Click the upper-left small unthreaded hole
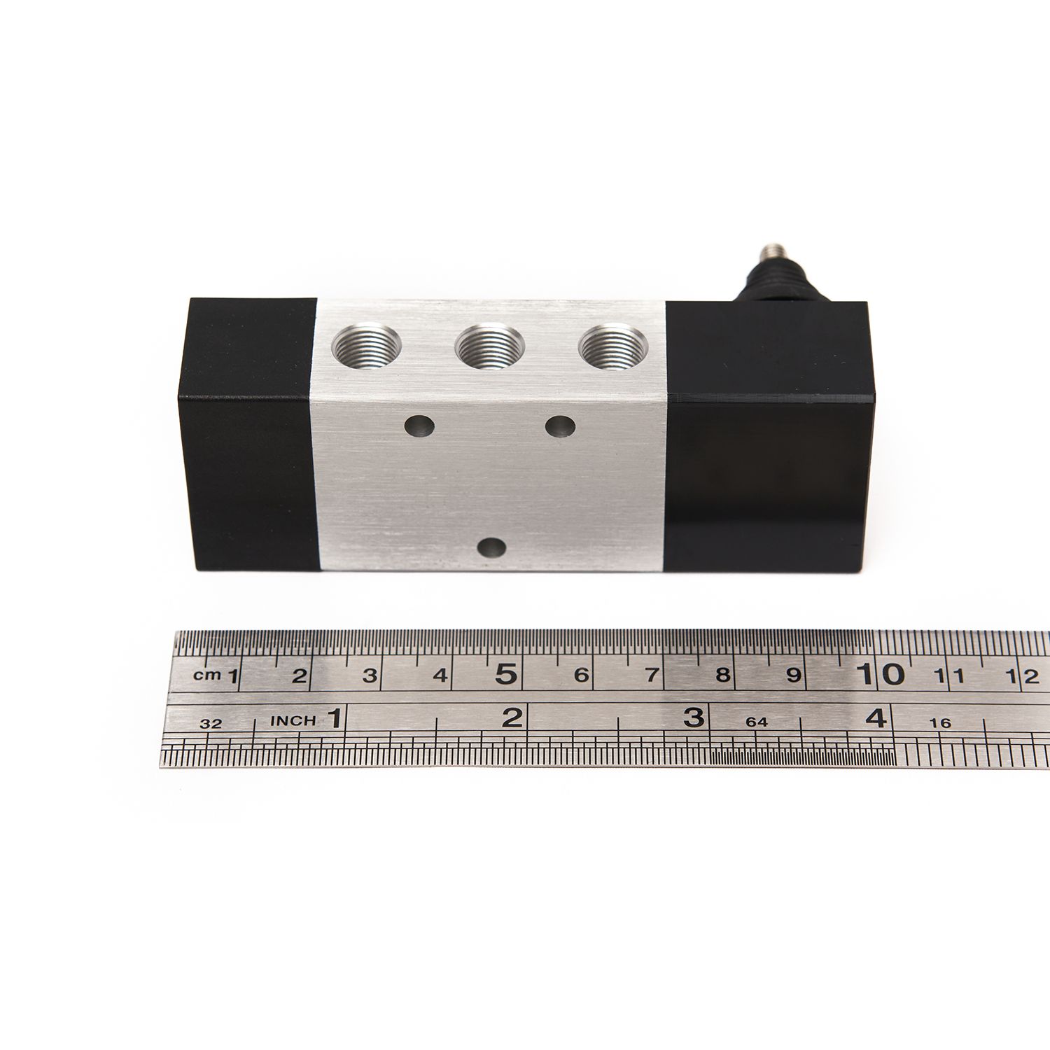click(420, 425)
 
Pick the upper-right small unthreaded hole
click(560, 426)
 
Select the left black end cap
click(250, 434)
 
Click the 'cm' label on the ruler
click(207, 675)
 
